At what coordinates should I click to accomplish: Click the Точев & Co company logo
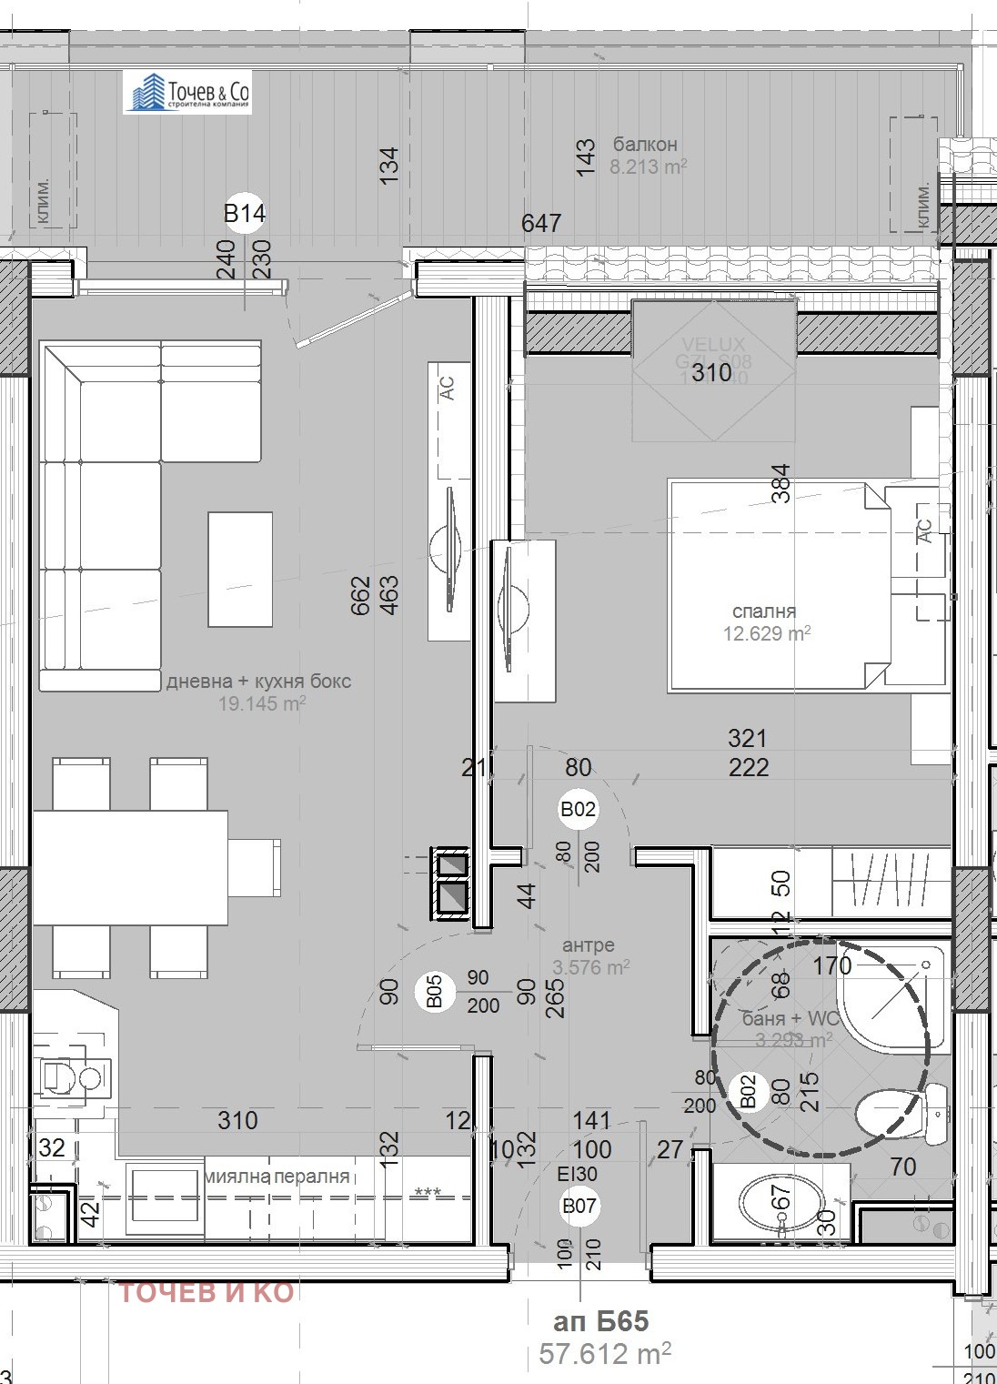[x=187, y=93]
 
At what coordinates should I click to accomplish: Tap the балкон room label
[x=644, y=144]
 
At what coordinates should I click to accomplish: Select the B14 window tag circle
[x=244, y=213]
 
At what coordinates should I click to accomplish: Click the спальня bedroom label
[x=764, y=611]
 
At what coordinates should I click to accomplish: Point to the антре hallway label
[x=589, y=945]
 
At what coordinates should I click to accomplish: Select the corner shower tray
[x=892, y=996]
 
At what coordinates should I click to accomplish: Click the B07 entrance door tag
[x=579, y=1207]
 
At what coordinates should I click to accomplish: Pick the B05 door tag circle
[x=434, y=992]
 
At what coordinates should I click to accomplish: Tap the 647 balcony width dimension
[x=541, y=223]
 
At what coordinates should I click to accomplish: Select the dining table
[x=131, y=867]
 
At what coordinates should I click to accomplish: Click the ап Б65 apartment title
[x=601, y=1321]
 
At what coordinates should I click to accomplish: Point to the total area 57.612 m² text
[x=605, y=1353]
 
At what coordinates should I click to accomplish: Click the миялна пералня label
[x=277, y=1176]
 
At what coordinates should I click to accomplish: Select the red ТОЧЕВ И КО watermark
[x=206, y=1292]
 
